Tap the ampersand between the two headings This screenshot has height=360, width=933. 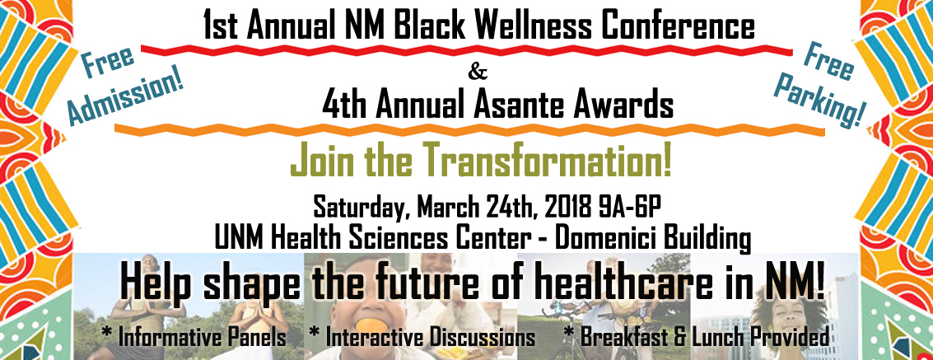click(478, 73)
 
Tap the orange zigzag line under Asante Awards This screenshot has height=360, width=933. click(469, 129)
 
